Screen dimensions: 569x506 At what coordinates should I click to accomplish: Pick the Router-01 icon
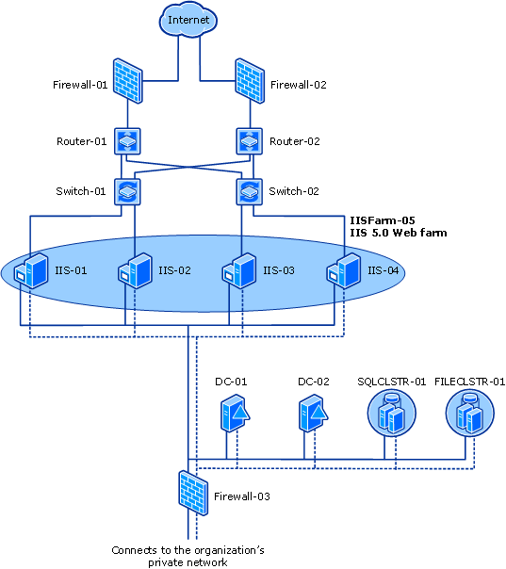[x=127, y=141]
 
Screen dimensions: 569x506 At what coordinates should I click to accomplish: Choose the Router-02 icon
[x=249, y=141]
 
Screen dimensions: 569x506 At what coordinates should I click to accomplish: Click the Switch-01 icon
[x=127, y=191]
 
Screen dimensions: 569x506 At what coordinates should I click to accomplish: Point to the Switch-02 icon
[x=249, y=191]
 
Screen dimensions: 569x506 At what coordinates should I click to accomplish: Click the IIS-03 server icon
[x=237, y=270]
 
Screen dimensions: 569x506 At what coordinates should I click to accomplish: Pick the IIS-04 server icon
[x=342, y=270]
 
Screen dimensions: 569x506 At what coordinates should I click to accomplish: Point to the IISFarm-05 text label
[x=381, y=218]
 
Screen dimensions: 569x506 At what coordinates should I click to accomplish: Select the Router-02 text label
[x=295, y=141]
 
